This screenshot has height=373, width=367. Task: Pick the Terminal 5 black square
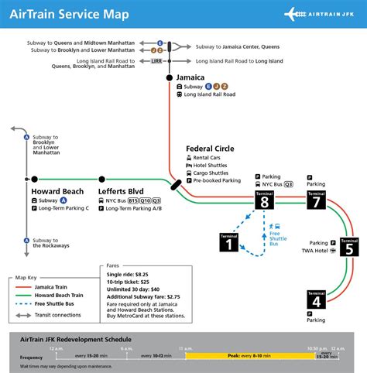[350, 248]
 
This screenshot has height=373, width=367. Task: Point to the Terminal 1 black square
[230, 243]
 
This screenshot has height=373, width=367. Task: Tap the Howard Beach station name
[57, 190]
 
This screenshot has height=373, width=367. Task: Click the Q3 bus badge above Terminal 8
[288, 185]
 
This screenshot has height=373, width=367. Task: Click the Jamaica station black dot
[169, 78]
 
